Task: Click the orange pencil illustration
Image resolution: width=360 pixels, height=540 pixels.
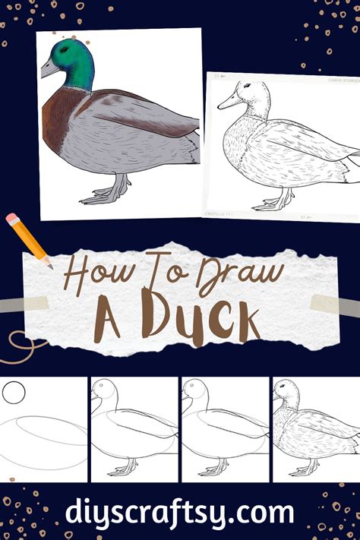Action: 27,239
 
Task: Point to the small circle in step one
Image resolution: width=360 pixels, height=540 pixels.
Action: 14,393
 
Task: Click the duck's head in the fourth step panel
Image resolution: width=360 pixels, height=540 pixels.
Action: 286,394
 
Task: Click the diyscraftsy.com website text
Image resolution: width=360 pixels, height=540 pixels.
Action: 180,510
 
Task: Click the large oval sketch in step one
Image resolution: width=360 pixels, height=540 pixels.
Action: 46,441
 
